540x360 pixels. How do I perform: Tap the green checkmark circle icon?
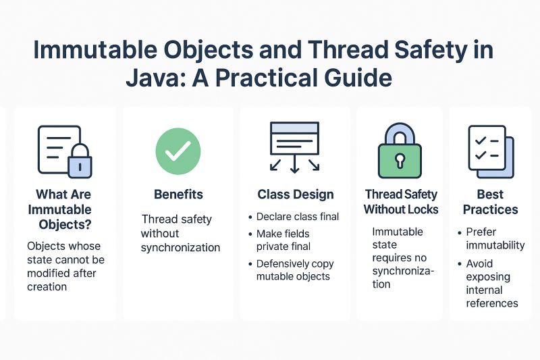point(178,152)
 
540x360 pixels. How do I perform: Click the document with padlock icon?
point(64,152)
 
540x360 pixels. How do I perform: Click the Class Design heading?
point(296,195)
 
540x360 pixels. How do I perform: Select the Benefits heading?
point(178,195)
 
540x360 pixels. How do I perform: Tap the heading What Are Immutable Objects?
point(64,209)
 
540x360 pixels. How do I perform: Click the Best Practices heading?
point(491,202)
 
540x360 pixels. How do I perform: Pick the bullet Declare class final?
point(298,217)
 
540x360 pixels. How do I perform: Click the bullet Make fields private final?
point(283,240)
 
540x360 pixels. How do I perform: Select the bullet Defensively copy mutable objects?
point(295,270)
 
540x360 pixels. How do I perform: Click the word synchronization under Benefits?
point(180,247)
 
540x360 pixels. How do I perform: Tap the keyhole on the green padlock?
point(400,161)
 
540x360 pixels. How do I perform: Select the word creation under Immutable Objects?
point(47,286)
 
